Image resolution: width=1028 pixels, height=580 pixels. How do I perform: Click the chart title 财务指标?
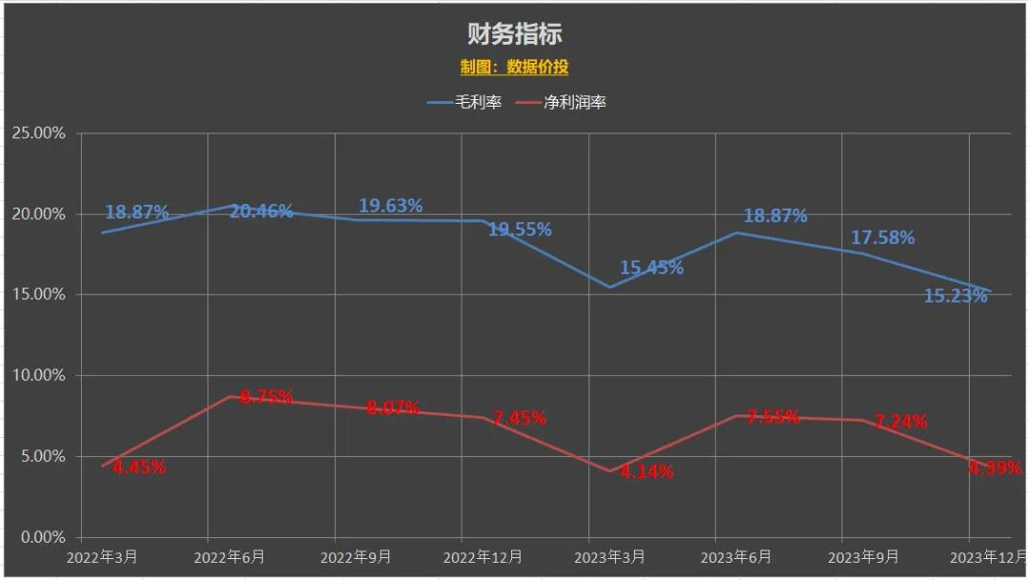(514, 34)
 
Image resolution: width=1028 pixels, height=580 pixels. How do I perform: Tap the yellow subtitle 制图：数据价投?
(514, 67)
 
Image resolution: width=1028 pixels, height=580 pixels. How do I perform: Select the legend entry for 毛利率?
(465, 102)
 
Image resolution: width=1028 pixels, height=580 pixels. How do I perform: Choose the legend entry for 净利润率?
(561, 102)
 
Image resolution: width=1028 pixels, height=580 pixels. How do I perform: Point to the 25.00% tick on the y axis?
(38, 133)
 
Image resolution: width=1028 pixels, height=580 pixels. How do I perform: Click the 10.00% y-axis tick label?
(38, 375)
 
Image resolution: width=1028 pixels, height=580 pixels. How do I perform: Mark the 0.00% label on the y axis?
(42, 537)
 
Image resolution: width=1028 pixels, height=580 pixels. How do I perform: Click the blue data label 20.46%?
(261, 211)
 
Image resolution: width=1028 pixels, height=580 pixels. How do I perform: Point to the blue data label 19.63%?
(390, 206)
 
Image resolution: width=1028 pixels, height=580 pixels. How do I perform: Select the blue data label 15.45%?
(651, 268)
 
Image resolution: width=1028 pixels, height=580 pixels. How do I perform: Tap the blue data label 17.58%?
(882, 237)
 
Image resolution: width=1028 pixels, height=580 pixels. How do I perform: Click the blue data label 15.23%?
(956, 296)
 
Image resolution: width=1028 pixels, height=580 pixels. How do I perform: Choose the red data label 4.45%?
(139, 468)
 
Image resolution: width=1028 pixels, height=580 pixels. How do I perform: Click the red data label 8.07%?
(393, 408)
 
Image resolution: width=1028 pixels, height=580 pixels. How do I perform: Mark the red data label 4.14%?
(646, 471)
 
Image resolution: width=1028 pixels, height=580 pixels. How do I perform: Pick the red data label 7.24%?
(900, 421)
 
